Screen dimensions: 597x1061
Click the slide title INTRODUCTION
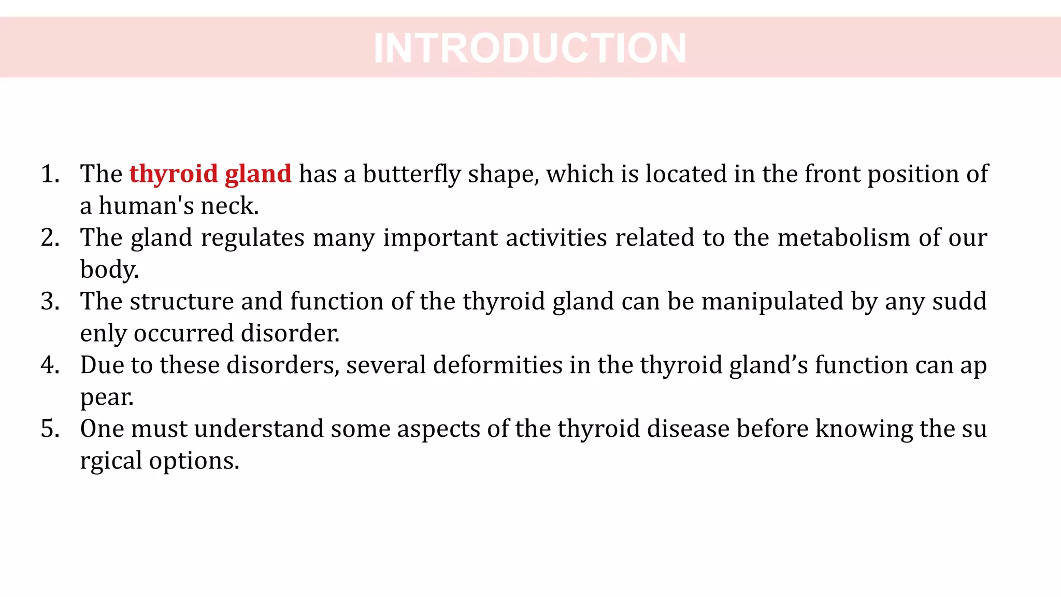click(x=530, y=48)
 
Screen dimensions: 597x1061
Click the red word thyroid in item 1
click(x=174, y=174)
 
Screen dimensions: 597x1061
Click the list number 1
click(x=50, y=174)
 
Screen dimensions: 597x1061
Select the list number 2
click(x=50, y=238)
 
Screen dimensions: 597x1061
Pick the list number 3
click(x=50, y=302)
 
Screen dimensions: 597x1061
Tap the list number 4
click(x=50, y=365)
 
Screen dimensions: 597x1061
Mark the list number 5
click(x=50, y=429)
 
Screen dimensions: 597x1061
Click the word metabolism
click(x=843, y=238)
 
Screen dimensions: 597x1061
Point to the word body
click(x=109, y=270)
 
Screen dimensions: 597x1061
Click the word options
click(x=194, y=461)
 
